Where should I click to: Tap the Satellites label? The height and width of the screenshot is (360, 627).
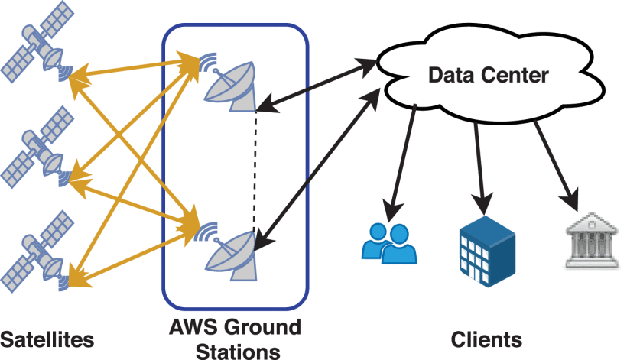coord(47,339)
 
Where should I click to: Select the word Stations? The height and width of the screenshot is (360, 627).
coord(236,351)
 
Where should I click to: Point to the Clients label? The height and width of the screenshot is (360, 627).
coord(486,339)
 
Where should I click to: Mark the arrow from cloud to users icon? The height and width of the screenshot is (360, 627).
coord(404,157)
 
